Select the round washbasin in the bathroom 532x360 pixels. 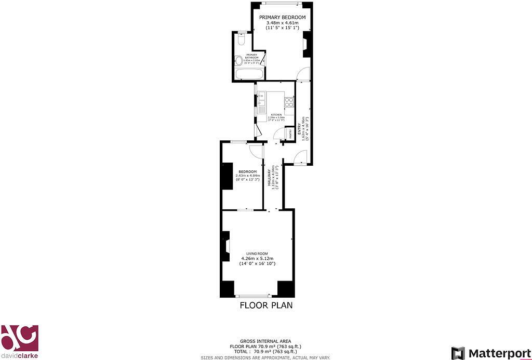[238, 61]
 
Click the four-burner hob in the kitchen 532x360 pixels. [289, 102]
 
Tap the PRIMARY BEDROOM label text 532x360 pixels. [283, 17]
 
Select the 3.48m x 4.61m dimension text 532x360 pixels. [283, 23]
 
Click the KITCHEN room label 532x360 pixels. [276, 115]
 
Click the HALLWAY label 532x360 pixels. [269, 178]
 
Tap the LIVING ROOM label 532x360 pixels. [257, 254]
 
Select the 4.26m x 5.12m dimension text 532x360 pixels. [257, 259]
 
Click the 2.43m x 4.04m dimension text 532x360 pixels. [247, 176]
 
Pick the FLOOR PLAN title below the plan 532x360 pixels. [266, 305]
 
